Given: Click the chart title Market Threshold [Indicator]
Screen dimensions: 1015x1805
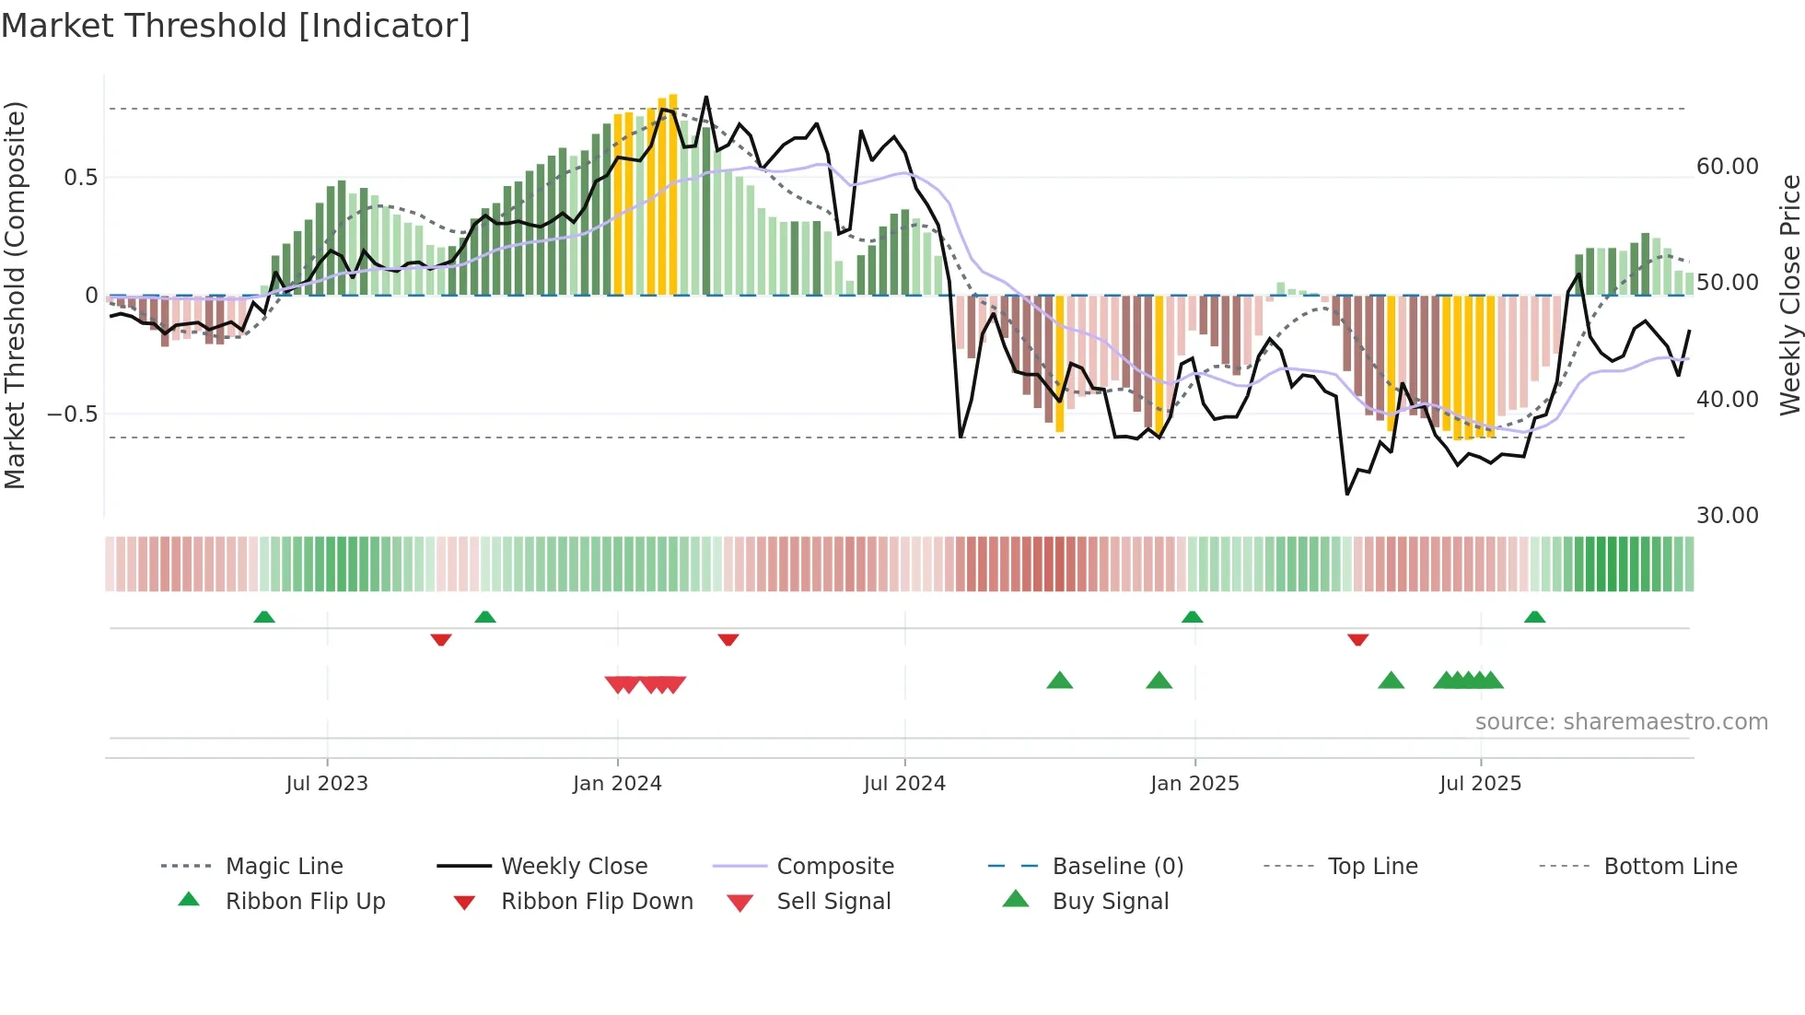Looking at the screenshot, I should point(236,26).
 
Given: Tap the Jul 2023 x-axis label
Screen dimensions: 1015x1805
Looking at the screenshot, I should point(326,784).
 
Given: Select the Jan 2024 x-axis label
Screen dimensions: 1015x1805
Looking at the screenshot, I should point(617,784).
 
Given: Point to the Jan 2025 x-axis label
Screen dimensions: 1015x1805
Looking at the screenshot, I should point(1194,784).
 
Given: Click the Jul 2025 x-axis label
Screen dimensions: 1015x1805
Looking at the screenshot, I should point(1480,784).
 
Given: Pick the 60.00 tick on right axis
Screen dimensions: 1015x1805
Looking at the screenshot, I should point(1727,167).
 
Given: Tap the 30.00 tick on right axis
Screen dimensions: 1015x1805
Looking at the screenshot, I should point(1727,516).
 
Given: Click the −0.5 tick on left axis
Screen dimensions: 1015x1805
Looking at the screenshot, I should point(73,414).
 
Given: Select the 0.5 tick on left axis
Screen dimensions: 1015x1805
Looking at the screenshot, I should point(80,178).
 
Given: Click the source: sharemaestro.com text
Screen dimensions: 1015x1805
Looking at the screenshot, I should point(1621,722).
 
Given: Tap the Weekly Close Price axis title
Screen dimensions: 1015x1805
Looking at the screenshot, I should point(1789,295).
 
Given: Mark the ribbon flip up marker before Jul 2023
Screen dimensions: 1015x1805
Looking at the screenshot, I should point(264,617).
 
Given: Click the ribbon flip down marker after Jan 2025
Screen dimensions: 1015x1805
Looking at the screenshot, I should point(1357,639).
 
